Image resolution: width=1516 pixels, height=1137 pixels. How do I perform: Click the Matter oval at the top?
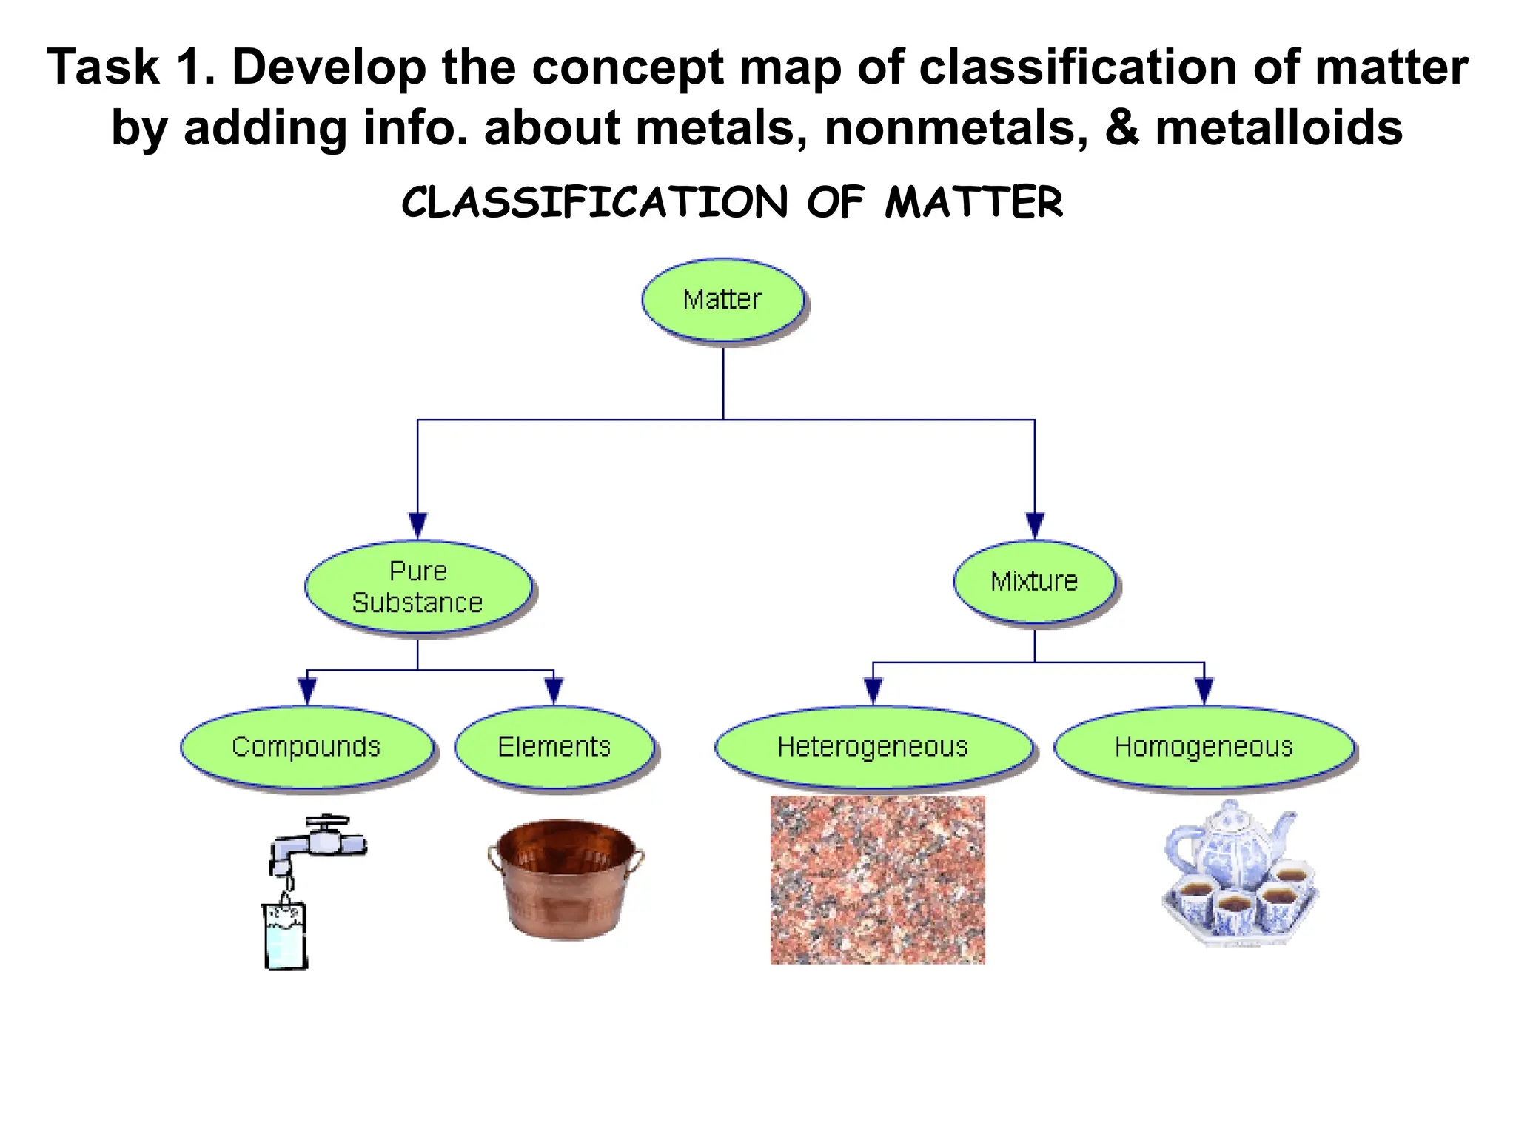(722, 300)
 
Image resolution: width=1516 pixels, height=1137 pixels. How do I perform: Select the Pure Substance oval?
(418, 587)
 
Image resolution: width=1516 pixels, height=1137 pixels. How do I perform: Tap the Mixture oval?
(1034, 582)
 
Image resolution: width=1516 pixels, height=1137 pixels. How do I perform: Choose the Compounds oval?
(306, 747)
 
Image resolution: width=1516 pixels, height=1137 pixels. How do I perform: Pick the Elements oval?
(554, 747)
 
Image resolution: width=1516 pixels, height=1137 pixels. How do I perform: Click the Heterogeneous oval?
(873, 747)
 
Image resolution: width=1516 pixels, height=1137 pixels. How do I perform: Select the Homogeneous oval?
(1204, 747)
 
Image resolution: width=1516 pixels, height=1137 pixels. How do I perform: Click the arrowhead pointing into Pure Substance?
(418, 525)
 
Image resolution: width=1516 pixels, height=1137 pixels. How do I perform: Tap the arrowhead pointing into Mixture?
(1035, 525)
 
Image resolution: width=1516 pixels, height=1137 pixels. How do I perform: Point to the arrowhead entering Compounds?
(307, 690)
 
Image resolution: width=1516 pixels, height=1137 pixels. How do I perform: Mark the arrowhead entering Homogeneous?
(1204, 690)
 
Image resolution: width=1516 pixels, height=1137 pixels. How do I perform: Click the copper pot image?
(566, 879)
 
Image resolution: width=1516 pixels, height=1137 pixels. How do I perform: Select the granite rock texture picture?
(877, 879)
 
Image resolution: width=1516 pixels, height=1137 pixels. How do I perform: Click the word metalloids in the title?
(1278, 127)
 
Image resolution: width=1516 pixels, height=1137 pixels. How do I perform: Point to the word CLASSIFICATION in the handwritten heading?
(594, 202)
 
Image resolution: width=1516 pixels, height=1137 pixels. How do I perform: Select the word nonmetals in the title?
(956, 127)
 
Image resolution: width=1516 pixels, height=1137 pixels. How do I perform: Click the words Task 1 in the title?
(130, 67)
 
